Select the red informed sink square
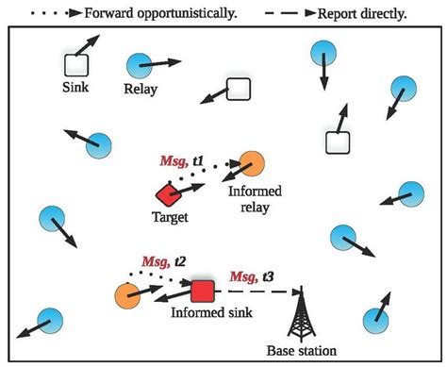click(x=202, y=290)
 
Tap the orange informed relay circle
click(x=251, y=163)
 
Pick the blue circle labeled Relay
click(x=139, y=65)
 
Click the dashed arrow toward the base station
click(x=255, y=292)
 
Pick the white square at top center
click(x=239, y=90)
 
